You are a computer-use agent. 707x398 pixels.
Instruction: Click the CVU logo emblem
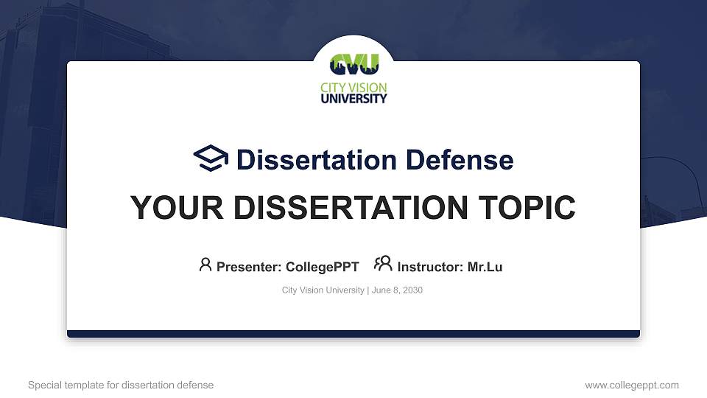[x=353, y=65]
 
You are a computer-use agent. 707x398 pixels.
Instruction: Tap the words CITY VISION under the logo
[x=353, y=88]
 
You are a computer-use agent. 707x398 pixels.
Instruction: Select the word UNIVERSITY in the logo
[x=353, y=98]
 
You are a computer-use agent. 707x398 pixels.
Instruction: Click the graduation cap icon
[x=211, y=158]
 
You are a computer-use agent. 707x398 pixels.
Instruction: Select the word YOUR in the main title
[x=170, y=208]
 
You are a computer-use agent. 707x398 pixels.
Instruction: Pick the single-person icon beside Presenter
[x=205, y=265]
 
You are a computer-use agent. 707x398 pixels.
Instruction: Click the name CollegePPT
[x=322, y=267]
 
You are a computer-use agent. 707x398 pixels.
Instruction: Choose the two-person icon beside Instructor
[x=383, y=265]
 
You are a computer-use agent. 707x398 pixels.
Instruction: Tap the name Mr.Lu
[x=485, y=267]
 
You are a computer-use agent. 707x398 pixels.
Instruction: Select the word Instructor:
[x=430, y=267]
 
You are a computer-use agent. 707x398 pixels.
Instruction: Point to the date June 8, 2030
[x=397, y=290]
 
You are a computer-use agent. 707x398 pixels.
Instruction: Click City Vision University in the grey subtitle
[x=323, y=290]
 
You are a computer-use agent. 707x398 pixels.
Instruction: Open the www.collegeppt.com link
[x=632, y=385]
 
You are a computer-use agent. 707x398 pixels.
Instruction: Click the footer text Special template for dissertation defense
[x=121, y=385]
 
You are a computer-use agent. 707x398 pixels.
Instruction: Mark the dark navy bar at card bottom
[x=353, y=334]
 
